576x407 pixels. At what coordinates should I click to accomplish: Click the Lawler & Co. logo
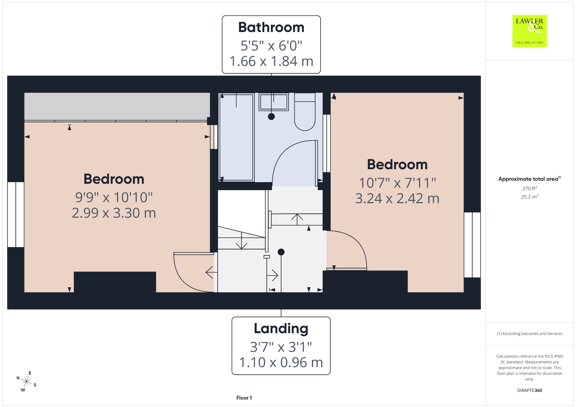[529, 31]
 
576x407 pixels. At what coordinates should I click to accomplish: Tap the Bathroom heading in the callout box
[271, 27]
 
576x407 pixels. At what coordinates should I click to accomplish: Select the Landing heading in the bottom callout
[281, 328]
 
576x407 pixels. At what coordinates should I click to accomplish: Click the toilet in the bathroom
[305, 112]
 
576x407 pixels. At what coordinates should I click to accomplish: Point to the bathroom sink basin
[274, 102]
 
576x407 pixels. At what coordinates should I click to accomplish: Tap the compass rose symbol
[26, 381]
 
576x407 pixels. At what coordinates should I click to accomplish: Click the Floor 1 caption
[244, 398]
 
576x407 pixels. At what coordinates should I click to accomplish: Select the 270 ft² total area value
[529, 188]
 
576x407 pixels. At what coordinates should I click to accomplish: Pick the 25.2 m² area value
[529, 196]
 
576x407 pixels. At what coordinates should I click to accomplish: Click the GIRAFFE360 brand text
[529, 390]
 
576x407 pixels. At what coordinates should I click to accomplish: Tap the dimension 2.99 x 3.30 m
[114, 213]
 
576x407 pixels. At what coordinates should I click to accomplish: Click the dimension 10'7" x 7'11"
[397, 183]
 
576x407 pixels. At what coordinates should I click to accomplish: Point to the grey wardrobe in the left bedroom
[117, 107]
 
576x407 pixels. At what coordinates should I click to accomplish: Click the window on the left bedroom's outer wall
[16, 214]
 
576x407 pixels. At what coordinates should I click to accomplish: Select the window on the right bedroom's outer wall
[472, 245]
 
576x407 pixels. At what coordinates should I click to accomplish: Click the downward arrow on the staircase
[241, 240]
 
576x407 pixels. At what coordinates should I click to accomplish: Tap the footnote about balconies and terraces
[529, 334]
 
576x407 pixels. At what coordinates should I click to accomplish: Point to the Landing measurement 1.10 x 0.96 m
[281, 362]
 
